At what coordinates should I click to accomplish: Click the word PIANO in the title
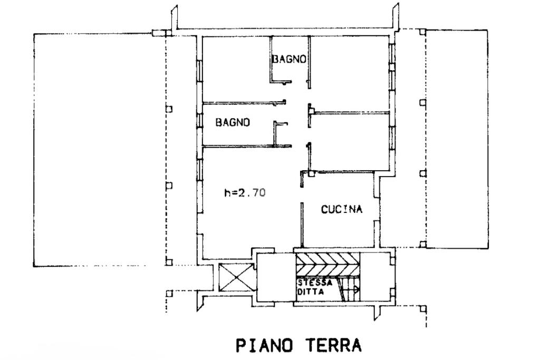tap(265, 345)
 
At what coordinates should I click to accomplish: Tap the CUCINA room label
tap(342, 209)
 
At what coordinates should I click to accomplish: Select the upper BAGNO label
tap(289, 59)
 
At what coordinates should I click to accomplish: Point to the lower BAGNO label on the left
tap(233, 122)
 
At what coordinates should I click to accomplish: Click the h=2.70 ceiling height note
tap(245, 192)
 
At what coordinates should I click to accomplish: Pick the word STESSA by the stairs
tap(315, 283)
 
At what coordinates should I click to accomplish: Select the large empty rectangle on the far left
tap(100, 150)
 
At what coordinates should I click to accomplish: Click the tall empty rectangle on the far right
tap(457, 139)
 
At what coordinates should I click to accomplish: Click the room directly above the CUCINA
tap(350, 142)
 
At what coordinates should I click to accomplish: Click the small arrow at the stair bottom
tap(356, 290)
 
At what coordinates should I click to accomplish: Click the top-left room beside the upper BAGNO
tap(236, 69)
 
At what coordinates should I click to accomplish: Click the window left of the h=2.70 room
tap(199, 170)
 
